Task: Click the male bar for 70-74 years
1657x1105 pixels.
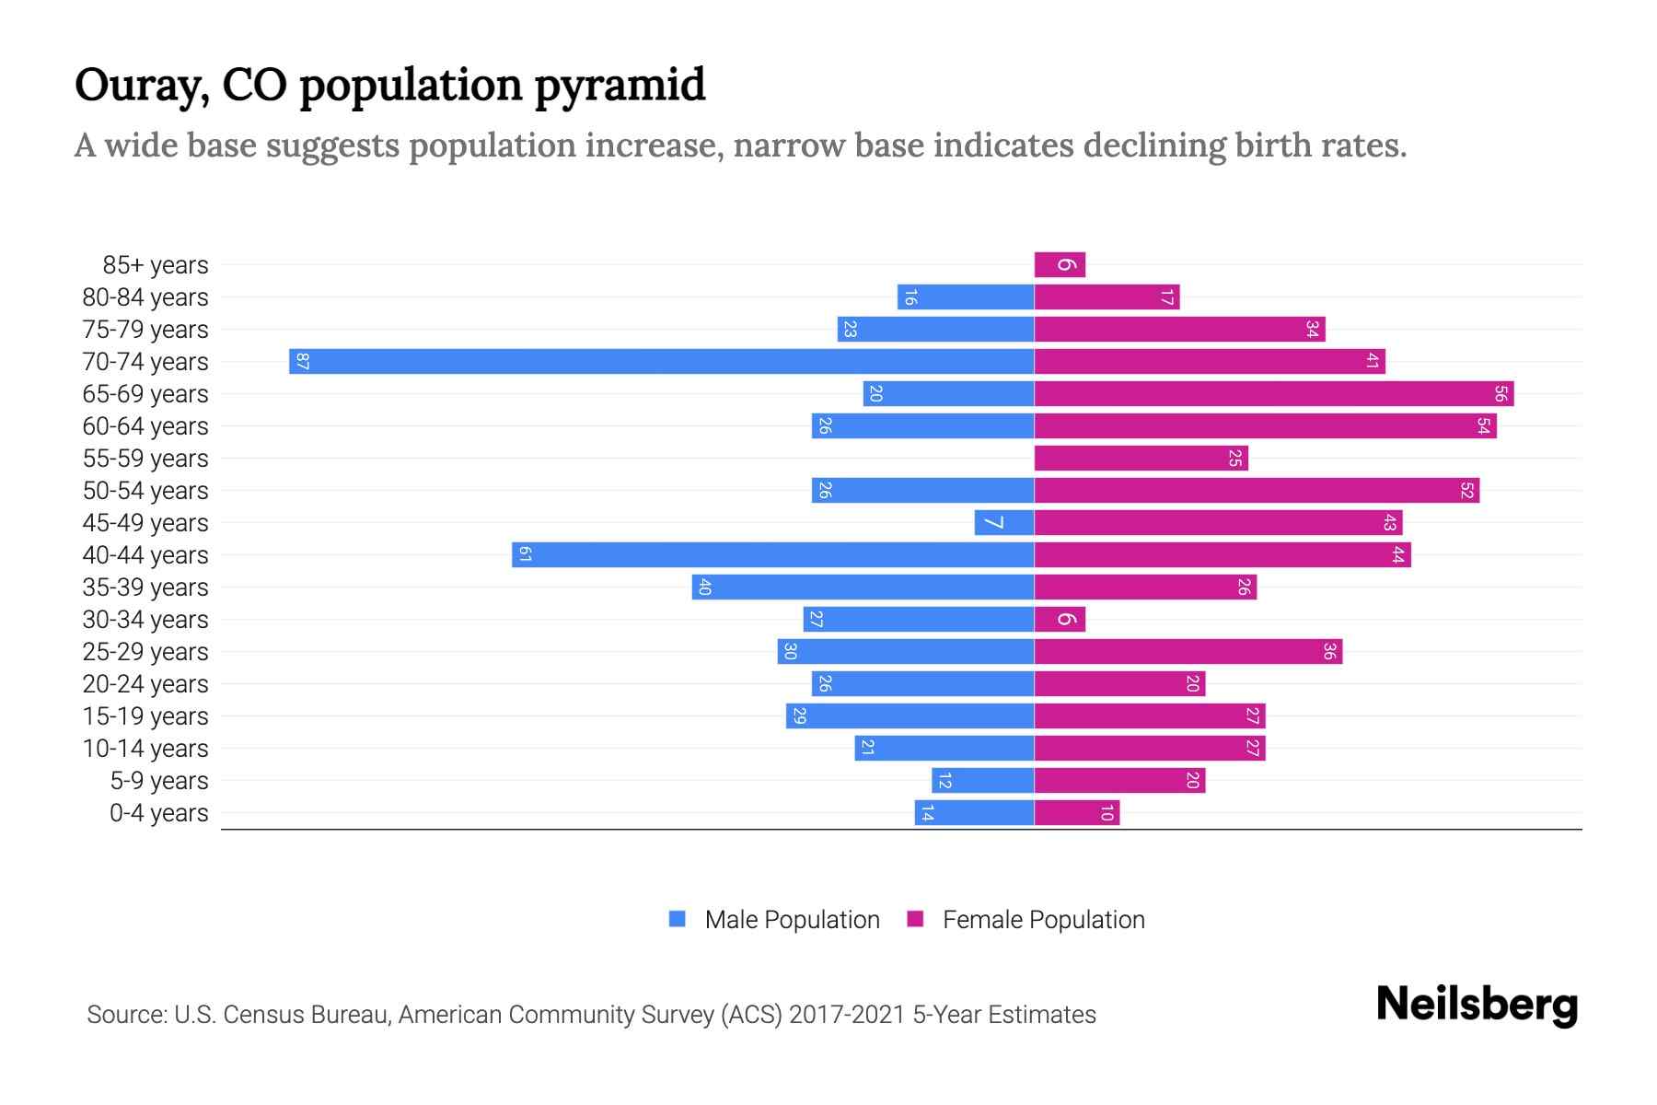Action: pyautogui.click(x=661, y=361)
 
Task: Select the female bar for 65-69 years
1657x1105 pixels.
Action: pyautogui.click(x=1273, y=393)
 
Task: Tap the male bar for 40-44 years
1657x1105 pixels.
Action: pyautogui.click(x=772, y=554)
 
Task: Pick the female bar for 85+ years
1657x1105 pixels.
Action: pyautogui.click(x=1060, y=264)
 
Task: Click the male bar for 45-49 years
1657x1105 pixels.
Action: pyautogui.click(x=1003, y=522)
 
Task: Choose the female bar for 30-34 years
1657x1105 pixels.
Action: pyautogui.click(x=1060, y=619)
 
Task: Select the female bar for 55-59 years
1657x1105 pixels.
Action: pyautogui.click(x=1141, y=458)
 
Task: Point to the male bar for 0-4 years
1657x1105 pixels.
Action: pyautogui.click(x=974, y=812)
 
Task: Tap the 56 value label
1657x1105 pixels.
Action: pyautogui.click(x=1501, y=393)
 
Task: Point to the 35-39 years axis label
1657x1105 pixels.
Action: pyautogui.click(x=145, y=587)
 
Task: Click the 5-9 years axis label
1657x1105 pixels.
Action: pyautogui.click(x=159, y=781)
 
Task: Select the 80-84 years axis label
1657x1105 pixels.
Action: pyautogui.click(x=145, y=297)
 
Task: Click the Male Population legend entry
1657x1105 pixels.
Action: pyautogui.click(x=792, y=919)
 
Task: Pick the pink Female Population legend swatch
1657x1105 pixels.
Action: pyautogui.click(x=915, y=919)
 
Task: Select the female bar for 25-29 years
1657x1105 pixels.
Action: pyautogui.click(x=1188, y=651)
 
